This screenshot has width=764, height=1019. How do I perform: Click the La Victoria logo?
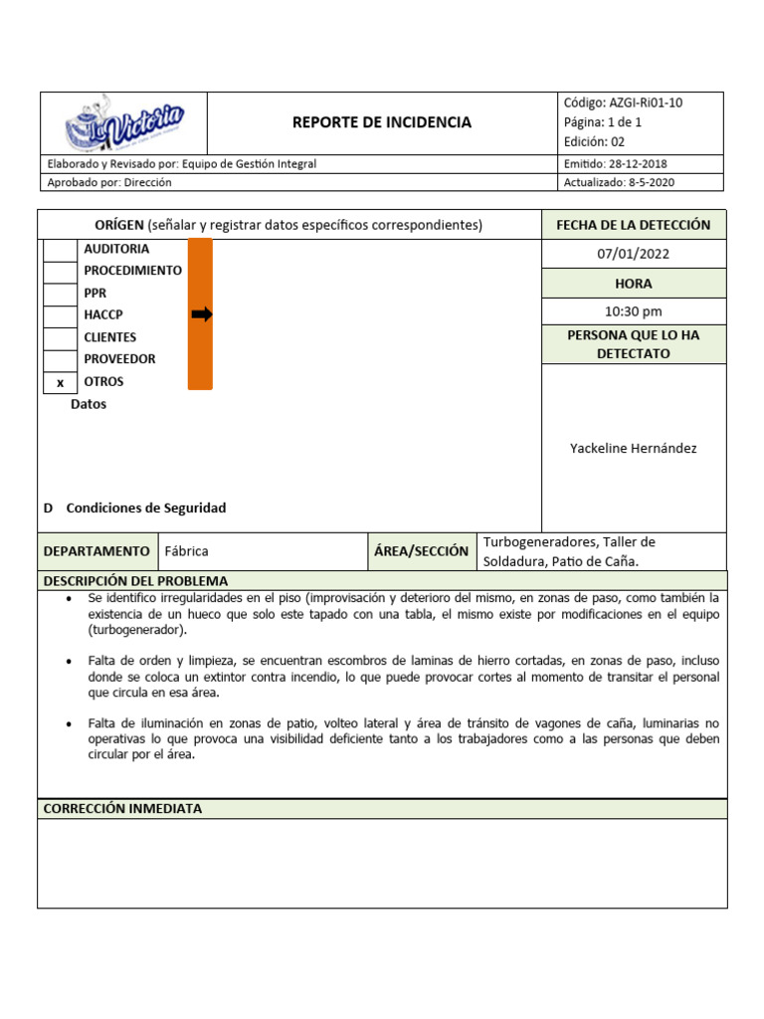pyautogui.click(x=123, y=123)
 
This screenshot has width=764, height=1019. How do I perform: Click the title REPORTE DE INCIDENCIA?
pyautogui.click(x=382, y=122)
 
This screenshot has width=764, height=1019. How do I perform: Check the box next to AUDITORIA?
pyautogui.click(x=60, y=250)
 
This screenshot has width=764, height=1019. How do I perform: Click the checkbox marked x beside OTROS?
pyautogui.click(x=60, y=382)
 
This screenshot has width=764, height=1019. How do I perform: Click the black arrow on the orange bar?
pyautogui.click(x=201, y=314)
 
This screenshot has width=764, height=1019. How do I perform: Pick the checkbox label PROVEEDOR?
pyautogui.click(x=119, y=359)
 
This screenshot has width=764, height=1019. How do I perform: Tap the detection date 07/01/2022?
pyautogui.click(x=633, y=254)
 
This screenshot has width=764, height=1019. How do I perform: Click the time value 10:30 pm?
pyautogui.click(x=633, y=312)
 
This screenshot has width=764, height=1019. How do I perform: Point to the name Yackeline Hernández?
pyautogui.click(x=633, y=449)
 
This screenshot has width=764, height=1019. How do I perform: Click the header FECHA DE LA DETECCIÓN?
pyautogui.click(x=633, y=225)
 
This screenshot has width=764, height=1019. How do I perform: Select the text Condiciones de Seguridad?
pyautogui.click(x=145, y=509)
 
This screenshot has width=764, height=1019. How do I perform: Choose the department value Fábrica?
pyautogui.click(x=186, y=551)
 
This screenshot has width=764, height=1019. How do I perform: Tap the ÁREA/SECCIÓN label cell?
pyautogui.click(x=421, y=551)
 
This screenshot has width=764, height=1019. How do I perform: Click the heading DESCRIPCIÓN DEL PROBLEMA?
pyautogui.click(x=135, y=581)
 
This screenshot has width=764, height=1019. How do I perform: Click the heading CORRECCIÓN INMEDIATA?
pyautogui.click(x=122, y=809)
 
